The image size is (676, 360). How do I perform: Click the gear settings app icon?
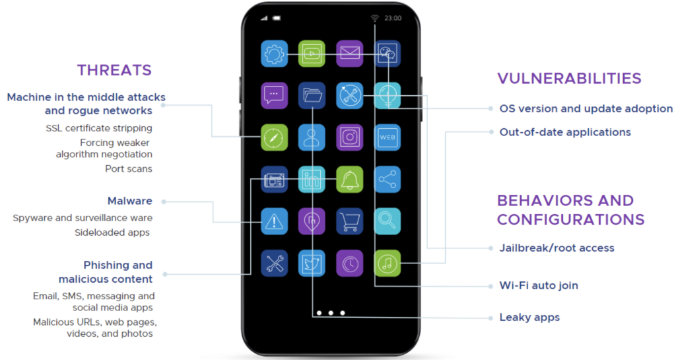pos(274,54)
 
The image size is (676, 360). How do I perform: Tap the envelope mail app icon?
pos(349,54)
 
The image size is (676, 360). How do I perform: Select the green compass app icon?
pos(274,137)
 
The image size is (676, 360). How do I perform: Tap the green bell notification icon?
pos(349,179)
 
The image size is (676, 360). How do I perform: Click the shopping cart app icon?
pos(349,221)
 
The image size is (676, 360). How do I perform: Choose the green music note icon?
pos(387,263)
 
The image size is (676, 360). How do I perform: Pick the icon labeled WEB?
pos(387,137)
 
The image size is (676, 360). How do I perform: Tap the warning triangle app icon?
pos(274,221)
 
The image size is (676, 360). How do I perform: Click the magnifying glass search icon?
pos(387,221)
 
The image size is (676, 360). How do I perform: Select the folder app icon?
pos(312,96)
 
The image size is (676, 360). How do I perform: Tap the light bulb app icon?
pos(387,96)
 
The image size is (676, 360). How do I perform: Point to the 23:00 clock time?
pos(393,18)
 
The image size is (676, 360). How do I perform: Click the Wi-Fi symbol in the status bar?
pos(375,18)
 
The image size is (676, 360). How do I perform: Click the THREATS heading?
pos(114,70)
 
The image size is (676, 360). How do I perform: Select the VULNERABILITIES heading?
pos(569,78)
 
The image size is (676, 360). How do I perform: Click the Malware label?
pos(130,201)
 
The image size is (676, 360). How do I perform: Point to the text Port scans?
pos(129,168)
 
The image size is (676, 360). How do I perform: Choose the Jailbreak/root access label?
pos(557,248)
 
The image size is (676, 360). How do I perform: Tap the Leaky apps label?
pos(529,318)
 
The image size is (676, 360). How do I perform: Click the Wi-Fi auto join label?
pos(539,286)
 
